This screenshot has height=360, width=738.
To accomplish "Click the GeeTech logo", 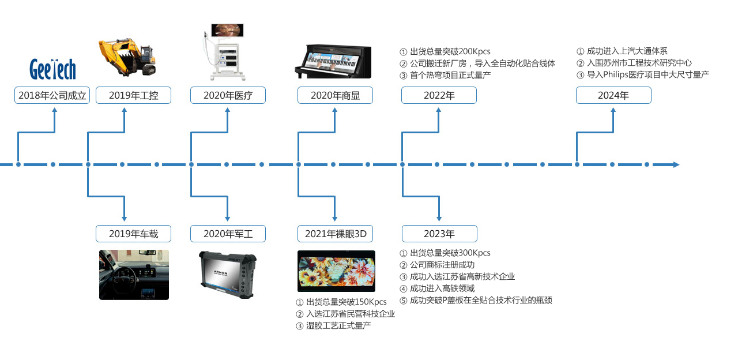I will (52, 69).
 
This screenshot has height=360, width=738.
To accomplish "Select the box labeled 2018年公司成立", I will (52, 96).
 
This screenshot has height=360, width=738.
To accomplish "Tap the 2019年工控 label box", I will (133, 96).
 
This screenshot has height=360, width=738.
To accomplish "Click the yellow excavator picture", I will (127, 57).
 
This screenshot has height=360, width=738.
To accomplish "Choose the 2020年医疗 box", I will (228, 96).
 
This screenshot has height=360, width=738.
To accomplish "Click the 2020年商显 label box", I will (335, 96).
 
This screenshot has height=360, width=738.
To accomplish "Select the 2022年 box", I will (439, 96).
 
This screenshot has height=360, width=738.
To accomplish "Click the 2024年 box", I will (613, 96).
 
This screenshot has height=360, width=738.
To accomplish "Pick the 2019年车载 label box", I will (133, 234).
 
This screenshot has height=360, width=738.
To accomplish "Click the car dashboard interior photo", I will (134, 275).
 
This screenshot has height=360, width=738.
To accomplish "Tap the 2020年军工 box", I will (228, 234).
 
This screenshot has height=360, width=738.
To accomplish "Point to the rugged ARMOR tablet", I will (227, 275).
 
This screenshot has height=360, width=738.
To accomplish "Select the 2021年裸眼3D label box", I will (335, 234).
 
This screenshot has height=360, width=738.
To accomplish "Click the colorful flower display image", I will (336, 271).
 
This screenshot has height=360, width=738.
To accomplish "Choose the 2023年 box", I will (439, 234).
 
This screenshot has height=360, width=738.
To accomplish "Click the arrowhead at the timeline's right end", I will (676, 165).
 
